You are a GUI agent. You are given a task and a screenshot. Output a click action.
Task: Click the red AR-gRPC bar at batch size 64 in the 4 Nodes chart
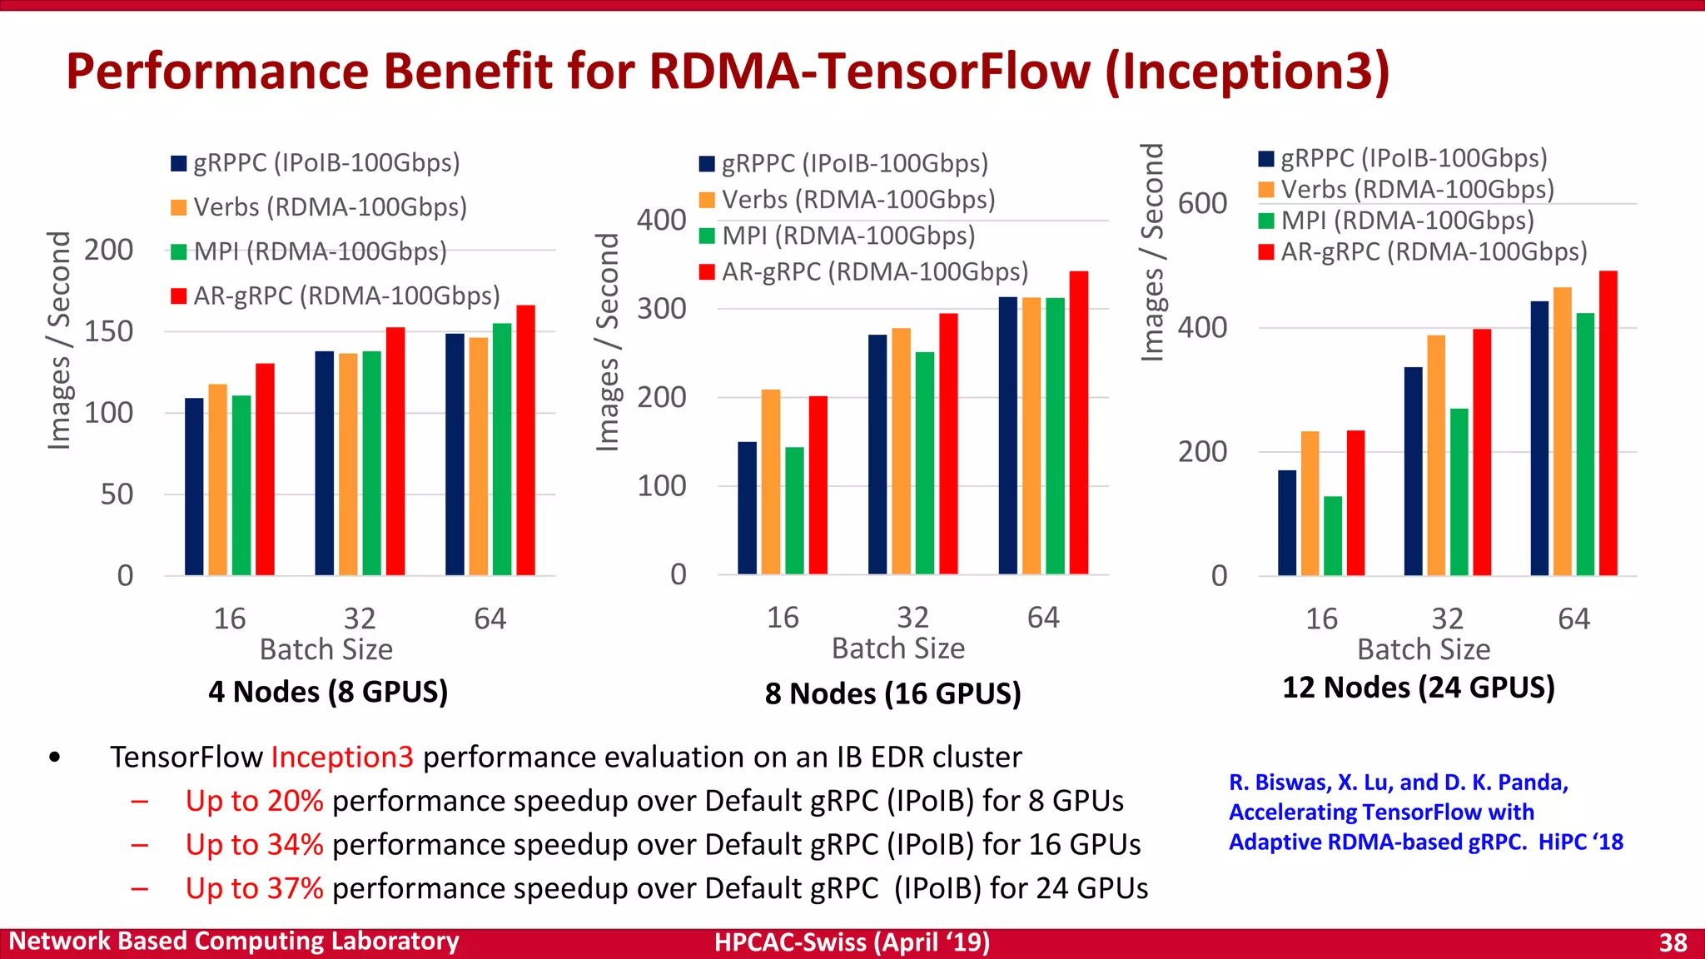click(x=525, y=440)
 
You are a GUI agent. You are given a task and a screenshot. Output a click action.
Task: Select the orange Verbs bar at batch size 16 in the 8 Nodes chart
click(x=771, y=482)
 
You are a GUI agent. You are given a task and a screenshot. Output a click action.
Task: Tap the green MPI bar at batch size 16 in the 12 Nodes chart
click(x=1333, y=536)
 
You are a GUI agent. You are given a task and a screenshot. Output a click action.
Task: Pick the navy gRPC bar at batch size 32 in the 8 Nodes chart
click(x=877, y=455)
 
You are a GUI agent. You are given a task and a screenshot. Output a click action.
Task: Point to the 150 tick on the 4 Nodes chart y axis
click(x=108, y=331)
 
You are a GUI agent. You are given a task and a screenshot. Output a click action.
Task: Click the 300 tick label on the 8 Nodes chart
click(x=662, y=309)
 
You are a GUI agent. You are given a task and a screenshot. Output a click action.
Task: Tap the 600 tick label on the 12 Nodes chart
click(x=1202, y=203)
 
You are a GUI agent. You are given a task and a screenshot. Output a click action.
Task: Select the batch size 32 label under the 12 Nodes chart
click(x=1447, y=619)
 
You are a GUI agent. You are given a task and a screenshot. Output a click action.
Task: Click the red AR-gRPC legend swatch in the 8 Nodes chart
click(x=707, y=272)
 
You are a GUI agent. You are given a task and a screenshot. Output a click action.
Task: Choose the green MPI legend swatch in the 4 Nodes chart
click(x=178, y=251)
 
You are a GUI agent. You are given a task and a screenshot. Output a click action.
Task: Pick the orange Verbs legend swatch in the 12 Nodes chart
click(x=1266, y=190)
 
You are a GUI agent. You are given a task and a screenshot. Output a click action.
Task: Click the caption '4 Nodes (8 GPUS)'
click(x=328, y=692)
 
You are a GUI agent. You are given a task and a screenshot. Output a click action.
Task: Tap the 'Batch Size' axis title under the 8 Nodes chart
click(x=898, y=648)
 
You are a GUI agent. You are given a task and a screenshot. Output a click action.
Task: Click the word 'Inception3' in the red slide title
click(x=1246, y=72)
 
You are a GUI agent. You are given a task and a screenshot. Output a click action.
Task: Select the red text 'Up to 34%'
click(x=254, y=845)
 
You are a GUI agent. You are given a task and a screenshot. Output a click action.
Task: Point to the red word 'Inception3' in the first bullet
click(x=342, y=757)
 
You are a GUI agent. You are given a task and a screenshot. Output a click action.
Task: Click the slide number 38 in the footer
click(x=1673, y=942)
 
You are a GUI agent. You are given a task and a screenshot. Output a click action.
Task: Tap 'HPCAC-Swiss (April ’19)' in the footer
click(x=852, y=942)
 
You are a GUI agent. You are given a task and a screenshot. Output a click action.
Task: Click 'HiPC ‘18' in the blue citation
click(x=1580, y=842)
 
